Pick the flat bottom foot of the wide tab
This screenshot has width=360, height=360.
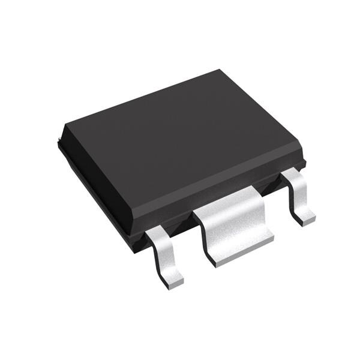(243, 251)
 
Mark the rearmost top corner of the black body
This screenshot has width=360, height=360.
(218, 71)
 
